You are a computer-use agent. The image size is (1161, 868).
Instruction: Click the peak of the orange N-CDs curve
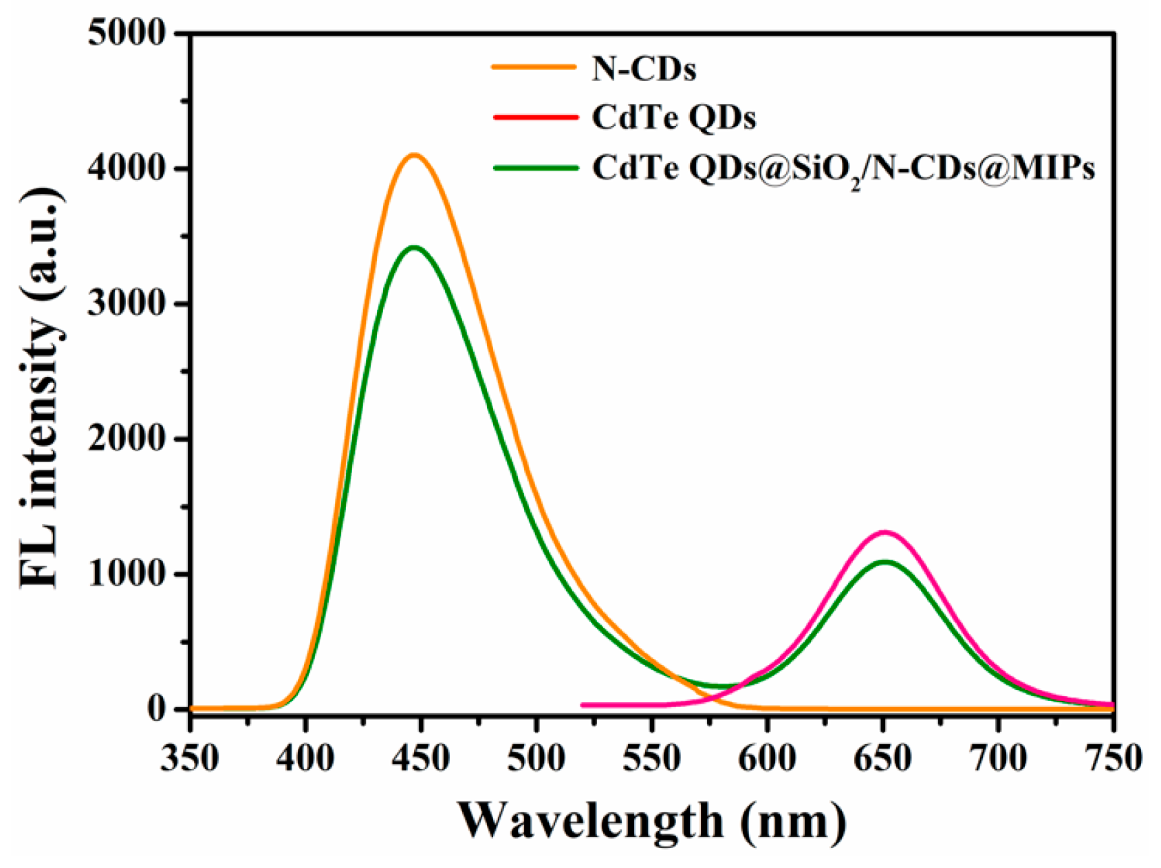[414, 155]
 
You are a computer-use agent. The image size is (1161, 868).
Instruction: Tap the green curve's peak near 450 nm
[414, 248]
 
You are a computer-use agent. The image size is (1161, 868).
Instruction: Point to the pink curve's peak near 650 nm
[885, 532]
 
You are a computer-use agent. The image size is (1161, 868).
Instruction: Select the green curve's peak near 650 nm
[885, 562]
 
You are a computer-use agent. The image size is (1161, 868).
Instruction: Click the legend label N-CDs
[644, 69]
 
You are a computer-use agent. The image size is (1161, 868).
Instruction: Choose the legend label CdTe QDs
[674, 118]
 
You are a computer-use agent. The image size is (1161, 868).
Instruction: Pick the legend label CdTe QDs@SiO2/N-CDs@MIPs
[843, 169]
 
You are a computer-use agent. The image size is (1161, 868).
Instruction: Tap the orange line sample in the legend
[534, 67]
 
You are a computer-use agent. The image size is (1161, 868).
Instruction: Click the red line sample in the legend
[534, 117]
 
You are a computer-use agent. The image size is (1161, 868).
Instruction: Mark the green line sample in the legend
[534, 167]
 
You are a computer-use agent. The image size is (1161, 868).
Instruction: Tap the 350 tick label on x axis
[190, 759]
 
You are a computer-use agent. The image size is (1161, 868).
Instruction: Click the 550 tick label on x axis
[651, 759]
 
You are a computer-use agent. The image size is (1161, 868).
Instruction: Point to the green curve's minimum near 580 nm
[721, 686]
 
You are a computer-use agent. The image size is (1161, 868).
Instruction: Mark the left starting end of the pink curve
[583, 705]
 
